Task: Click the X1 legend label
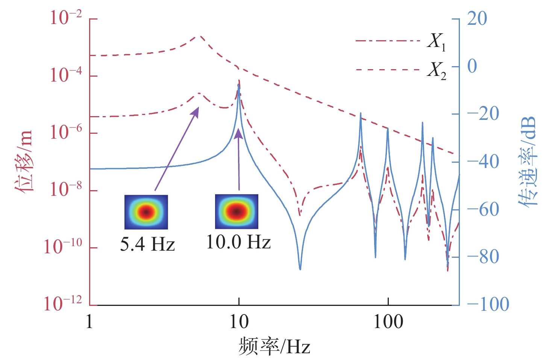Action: coord(437,41)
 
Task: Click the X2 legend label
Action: coord(437,70)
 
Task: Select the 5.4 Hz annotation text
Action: coord(147,244)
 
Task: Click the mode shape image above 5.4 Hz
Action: coord(146,212)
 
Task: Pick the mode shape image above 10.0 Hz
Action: coord(237,211)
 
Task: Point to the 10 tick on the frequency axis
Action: coord(239,322)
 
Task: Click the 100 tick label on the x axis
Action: coord(388,322)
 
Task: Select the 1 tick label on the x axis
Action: coord(89,322)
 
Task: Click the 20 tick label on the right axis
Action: coord(477,19)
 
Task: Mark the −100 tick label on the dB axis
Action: coord(488,304)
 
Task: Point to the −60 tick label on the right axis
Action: coord(483,209)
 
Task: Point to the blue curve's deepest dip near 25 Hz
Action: coord(300,269)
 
